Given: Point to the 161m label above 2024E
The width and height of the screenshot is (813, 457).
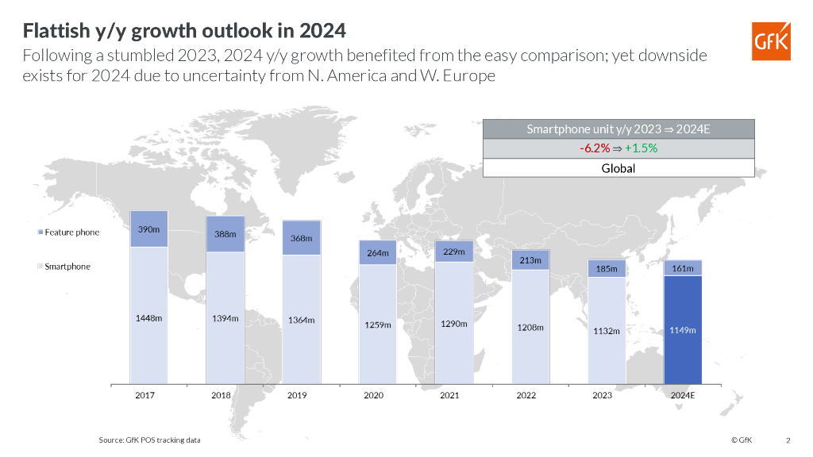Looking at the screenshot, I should [683, 268].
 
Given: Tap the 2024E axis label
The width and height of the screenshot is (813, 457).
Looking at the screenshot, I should [683, 395].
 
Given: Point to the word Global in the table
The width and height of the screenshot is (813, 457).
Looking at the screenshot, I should [618, 168].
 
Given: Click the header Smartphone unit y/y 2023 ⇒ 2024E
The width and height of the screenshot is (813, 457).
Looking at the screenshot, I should [618, 129].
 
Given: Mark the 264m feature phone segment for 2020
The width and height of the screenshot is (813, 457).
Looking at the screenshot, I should [378, 253].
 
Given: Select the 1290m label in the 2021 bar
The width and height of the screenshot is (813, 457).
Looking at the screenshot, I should [454, 324].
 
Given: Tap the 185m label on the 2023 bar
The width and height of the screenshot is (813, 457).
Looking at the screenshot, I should [606, 269].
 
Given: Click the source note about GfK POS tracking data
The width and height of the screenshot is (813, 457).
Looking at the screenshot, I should [149, 440].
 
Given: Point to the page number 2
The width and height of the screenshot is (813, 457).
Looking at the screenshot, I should [788, 440].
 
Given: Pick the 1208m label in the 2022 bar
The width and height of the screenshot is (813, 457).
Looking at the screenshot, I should [530, 326].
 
